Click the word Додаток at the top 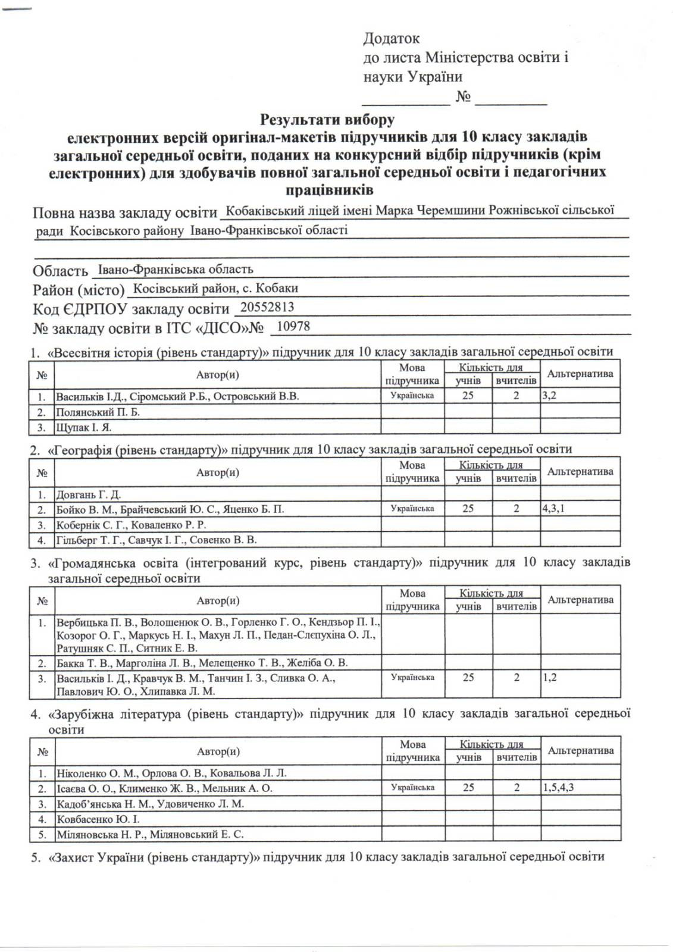coord(391,39)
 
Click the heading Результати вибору coord(327,120)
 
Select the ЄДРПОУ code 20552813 coord(265,307)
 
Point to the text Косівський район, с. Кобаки coord(215,289)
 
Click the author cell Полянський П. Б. coord(98,412)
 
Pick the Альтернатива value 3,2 coord(549,396)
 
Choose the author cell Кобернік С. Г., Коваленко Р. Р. coord(131,525)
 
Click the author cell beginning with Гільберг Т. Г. coord(156,540)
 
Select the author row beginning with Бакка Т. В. coord(202,663)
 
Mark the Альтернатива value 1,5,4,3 coord(558,788)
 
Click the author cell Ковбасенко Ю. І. coord(98,819)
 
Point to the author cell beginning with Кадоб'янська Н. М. coord(150,804)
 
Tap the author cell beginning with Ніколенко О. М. coord(171,773)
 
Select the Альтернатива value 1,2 coord(549,678)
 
